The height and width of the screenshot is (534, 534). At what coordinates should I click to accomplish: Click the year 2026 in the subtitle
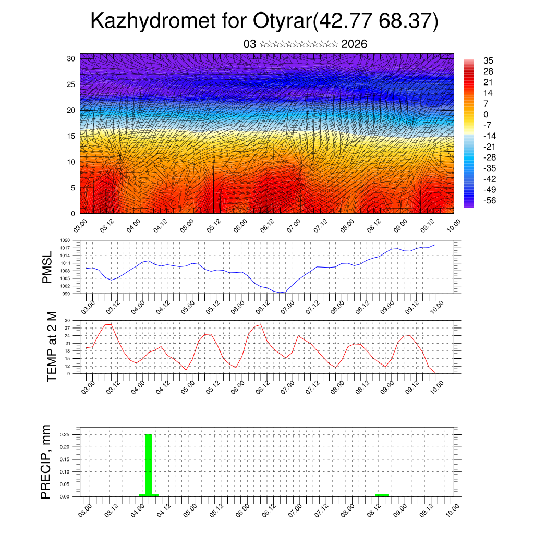point(354,44)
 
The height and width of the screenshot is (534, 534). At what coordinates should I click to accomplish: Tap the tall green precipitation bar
point(149,464)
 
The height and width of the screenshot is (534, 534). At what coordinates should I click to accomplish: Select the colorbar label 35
point(489,60)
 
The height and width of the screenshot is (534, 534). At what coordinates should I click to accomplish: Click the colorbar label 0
point(486,114)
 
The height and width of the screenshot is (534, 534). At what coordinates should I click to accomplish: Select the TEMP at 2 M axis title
point(51,347)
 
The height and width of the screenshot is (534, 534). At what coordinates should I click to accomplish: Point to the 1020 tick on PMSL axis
point(65,240)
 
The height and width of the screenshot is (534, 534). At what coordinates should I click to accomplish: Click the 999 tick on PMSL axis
point(66,294)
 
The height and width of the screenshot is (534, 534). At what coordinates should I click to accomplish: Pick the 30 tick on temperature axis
point(67,320)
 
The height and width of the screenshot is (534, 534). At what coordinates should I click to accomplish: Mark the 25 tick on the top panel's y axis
point(71,84)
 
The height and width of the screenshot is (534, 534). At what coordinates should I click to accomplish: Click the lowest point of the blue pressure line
point(280,293)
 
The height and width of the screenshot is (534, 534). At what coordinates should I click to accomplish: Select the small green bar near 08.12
point(382,494)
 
